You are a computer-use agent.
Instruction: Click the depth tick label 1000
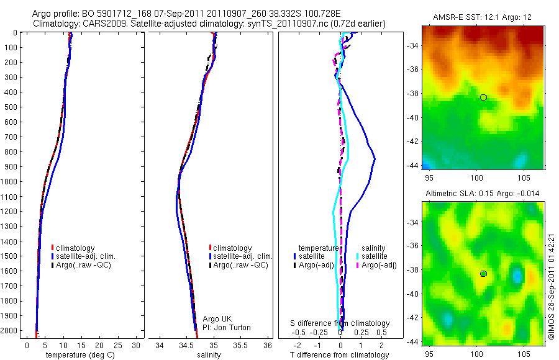tap(9, 182)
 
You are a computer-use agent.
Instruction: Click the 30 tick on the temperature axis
tap(136, 345)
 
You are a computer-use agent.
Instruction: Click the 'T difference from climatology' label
tap(340, 355)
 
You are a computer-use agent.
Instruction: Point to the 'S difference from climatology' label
tap(340, 323)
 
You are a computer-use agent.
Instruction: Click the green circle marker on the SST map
tap(483, 97)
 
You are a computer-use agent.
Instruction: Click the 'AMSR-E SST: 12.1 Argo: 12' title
tap(482, 16)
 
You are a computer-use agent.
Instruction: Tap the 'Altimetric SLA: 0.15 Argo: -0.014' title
tap(482, 194)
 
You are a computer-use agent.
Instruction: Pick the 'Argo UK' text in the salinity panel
tap(216, 319)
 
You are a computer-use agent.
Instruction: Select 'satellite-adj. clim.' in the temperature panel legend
tap(86, 256)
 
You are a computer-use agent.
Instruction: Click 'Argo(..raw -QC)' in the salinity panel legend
tap(240, 265)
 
